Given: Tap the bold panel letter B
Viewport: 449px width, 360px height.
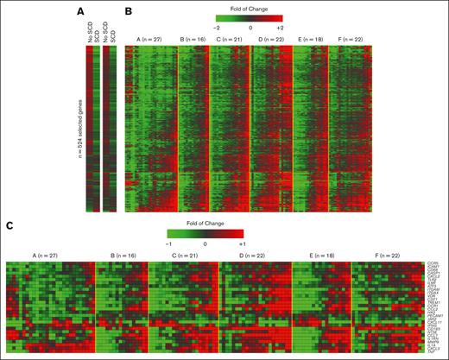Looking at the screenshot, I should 129,12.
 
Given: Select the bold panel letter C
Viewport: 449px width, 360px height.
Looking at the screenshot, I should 9,226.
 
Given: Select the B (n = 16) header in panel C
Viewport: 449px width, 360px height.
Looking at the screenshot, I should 120,256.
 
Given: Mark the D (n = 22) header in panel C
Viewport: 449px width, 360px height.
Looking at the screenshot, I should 254,256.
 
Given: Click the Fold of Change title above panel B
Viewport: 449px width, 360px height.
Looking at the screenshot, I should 249,6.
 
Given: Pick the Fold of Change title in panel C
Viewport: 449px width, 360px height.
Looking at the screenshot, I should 205,222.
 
